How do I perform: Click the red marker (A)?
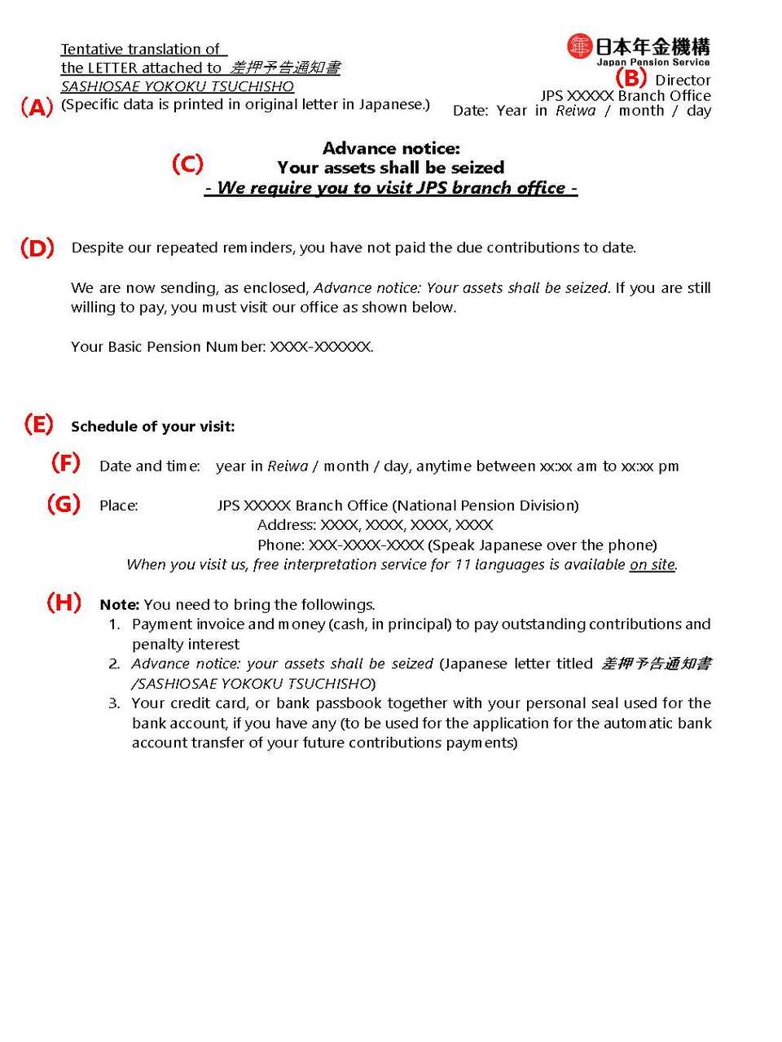point(37,107)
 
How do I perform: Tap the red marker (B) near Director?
point(630,78)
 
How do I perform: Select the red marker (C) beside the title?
point(187,164)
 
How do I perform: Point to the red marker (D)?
point(37,247)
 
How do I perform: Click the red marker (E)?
point(38,424)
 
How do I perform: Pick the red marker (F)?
point(65,463)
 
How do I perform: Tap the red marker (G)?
point(64,504)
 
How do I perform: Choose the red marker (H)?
point(64,602)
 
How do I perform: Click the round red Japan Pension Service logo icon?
point(579,46)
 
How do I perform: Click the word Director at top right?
point(683,80)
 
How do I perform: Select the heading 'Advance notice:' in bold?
point(391,148)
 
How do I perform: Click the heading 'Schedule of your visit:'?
point(152,427)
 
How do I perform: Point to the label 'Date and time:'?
point(149,466)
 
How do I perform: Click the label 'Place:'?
point(118,506)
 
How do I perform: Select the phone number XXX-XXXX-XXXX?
point(366,545)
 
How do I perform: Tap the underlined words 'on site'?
point(652,565)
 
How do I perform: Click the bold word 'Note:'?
point(119,605)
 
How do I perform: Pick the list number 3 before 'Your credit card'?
point(114,703)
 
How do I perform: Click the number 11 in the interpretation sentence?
point(462,565)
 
